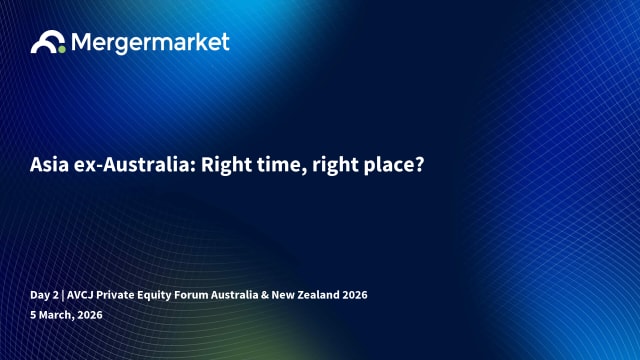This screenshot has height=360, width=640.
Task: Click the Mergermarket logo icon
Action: click(x=48, y=42)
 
